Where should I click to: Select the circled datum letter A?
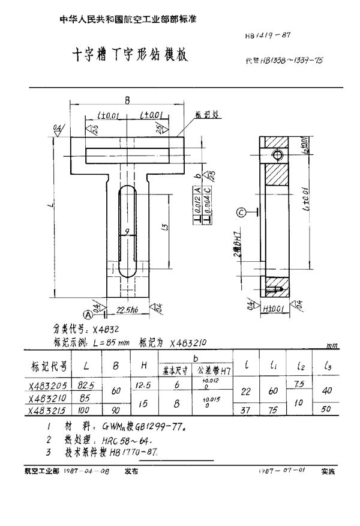88,312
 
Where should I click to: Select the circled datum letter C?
240,211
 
